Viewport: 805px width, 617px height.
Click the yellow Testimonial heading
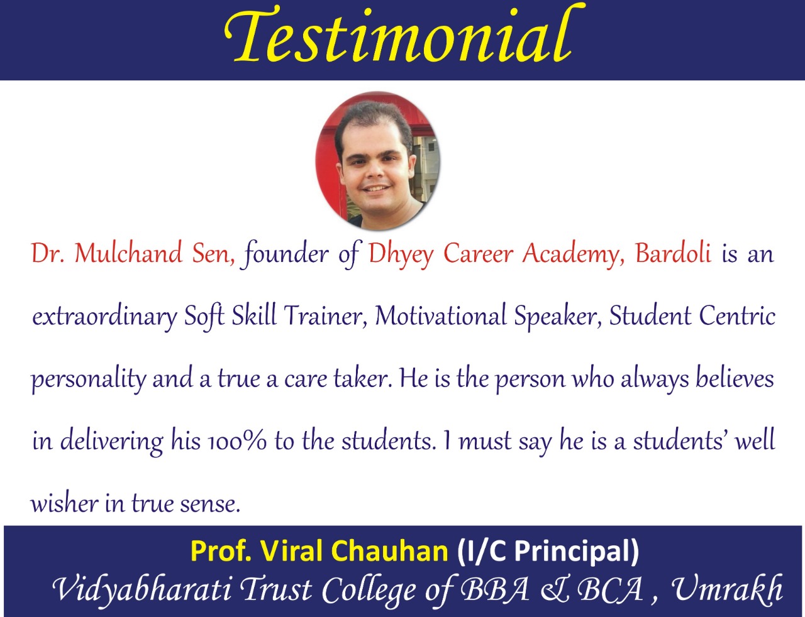[404, 35]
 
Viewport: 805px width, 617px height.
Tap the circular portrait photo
[378, 161]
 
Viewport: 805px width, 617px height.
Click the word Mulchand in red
[128, 253]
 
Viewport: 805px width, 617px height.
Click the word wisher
[64, 503]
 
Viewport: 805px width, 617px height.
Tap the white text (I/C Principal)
[548, 551]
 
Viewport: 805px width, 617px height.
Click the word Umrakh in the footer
[727, 589]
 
